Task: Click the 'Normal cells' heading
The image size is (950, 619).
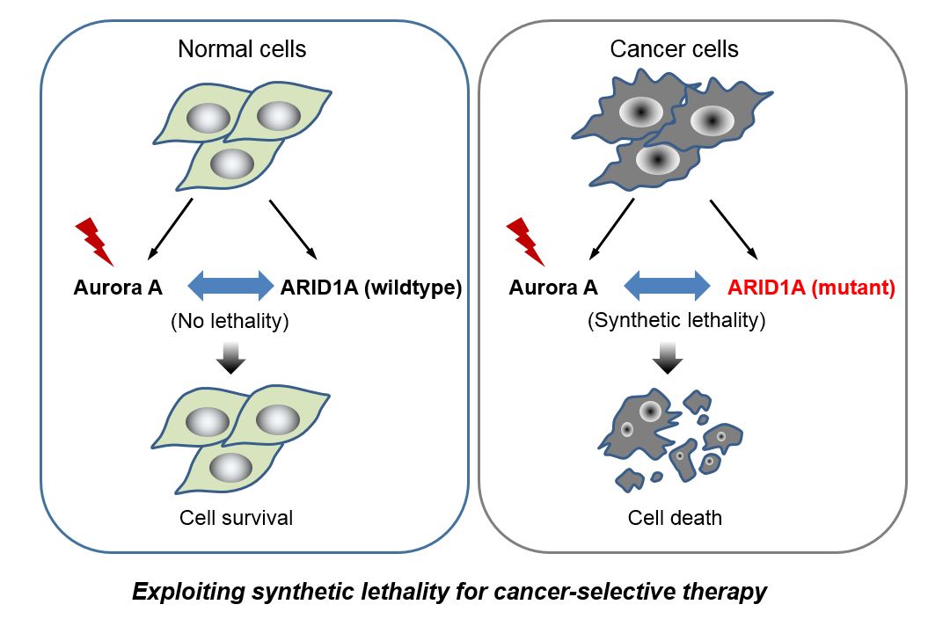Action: point(242,48)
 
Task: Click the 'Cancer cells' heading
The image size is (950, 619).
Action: point(674,48)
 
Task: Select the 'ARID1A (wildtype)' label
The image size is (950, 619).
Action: point(370,287)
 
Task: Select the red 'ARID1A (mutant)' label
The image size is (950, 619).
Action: point(811,287)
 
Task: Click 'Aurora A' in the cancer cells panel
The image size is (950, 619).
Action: point(554,287)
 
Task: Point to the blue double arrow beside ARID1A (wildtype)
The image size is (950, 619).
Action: point(231,286)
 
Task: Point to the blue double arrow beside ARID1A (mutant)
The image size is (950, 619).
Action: point(666,286)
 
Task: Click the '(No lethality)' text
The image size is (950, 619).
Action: point(230,321)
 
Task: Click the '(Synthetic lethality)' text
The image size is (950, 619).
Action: point(676,321)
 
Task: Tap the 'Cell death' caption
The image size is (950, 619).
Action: point(675,517)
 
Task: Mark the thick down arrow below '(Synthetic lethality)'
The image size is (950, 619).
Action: point(669,357)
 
